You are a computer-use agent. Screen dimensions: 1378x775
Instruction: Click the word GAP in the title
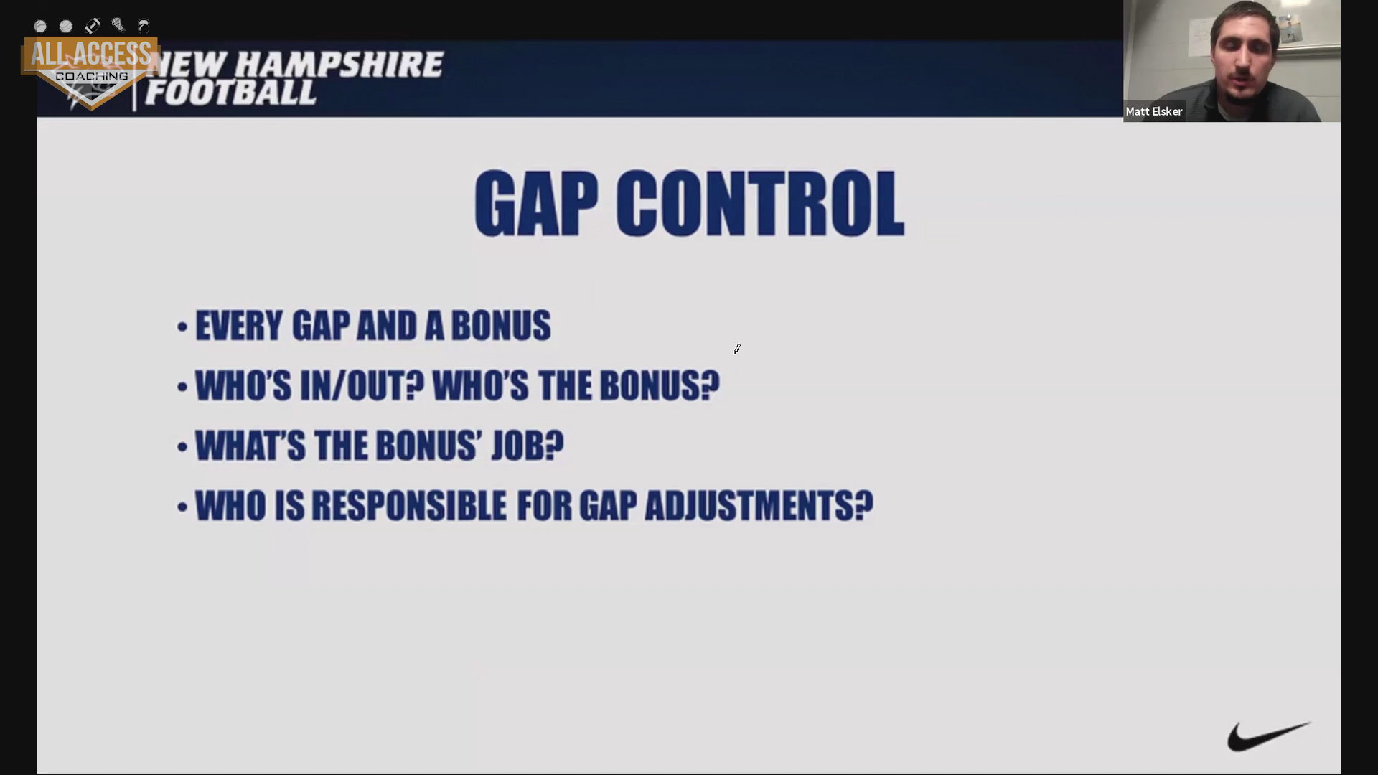536,204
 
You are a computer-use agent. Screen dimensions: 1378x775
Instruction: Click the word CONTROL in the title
760,204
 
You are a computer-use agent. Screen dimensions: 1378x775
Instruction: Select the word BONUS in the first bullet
501,326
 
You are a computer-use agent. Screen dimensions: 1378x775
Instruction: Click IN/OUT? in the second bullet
362,386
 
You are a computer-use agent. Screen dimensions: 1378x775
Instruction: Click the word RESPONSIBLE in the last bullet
409,506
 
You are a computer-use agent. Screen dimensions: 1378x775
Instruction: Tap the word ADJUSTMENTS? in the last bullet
759,506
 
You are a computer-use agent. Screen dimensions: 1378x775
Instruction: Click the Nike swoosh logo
1269,737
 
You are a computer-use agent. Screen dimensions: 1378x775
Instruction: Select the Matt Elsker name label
1153,111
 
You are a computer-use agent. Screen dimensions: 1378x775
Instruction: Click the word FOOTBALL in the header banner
230,93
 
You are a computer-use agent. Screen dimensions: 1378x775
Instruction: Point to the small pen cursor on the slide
737,349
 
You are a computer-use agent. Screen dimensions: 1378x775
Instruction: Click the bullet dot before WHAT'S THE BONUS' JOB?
182,447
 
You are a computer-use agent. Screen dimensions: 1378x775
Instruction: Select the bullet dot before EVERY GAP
182,327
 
